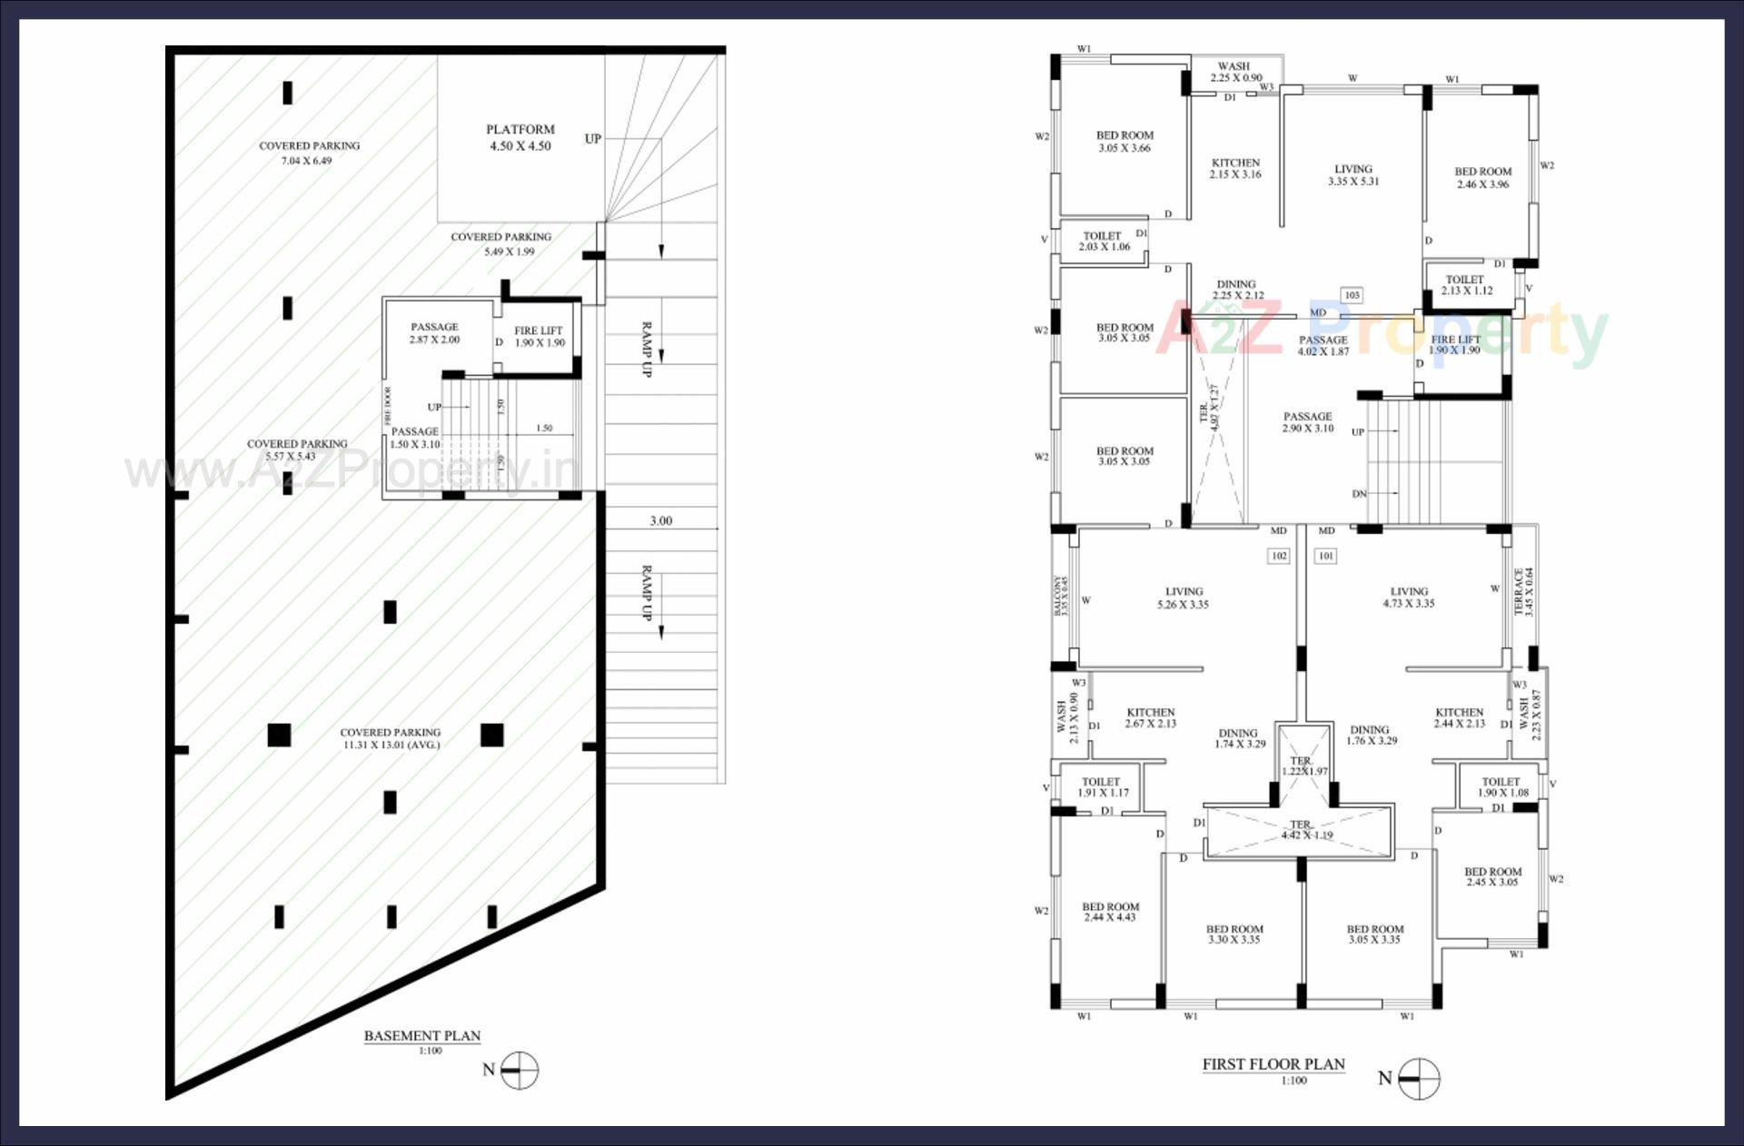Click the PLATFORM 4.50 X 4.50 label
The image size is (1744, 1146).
pos(520,138)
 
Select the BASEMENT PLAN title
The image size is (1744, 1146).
pos(421,1035)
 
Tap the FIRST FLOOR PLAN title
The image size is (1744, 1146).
pos(1273,1064)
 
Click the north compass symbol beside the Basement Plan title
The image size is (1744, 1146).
pos(520,1071)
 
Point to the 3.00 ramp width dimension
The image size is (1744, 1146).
pos(660,521)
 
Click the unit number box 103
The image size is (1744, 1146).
pos(1352,295)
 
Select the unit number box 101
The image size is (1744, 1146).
pos(1326,556)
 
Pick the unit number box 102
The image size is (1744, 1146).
pos(1279,556)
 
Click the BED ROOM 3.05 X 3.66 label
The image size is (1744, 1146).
pos(1125,142)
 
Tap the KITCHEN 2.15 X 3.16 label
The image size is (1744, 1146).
pos(1235,169)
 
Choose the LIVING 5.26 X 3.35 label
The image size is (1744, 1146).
pos(1183,598)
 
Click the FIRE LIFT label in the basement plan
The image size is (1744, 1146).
pos(539,337)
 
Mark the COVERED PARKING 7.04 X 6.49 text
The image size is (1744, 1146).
pos(309,153)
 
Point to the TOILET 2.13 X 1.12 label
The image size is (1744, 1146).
pos(1466,285)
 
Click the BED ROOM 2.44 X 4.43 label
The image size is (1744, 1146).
pos(1110,912)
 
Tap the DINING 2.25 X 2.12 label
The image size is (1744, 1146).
pos(1236,290)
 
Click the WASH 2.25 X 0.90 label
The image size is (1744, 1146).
pos(1234,72)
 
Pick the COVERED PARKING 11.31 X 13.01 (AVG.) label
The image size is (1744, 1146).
pos(391,738)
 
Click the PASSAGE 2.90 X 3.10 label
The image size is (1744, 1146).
pos(1308,422)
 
